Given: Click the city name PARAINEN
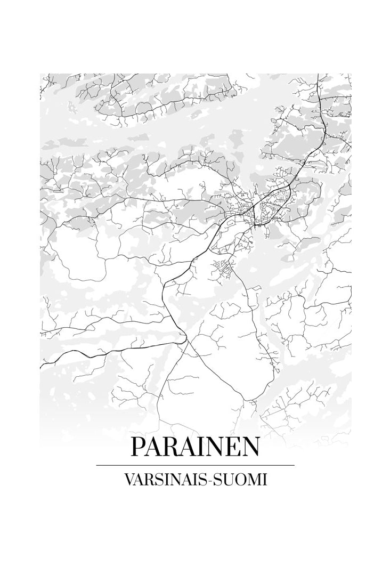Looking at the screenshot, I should [195, 447].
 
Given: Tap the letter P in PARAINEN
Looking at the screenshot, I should [139, 447].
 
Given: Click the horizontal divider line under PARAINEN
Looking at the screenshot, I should [195, 465].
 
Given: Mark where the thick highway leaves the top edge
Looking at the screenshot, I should [319, 75].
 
